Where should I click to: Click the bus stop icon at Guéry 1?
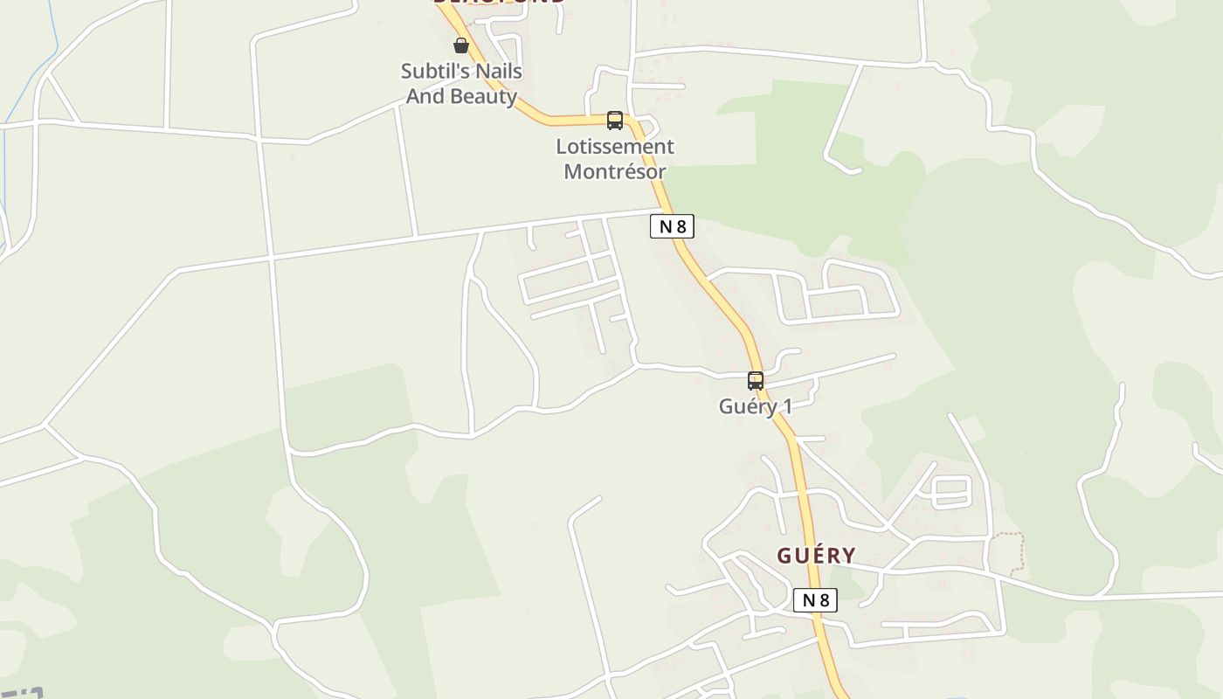[x=756, y=381]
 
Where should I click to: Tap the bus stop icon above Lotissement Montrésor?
[x=615, y=121]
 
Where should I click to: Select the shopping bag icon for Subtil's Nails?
[x=461, y=45]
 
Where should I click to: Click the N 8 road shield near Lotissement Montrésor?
[x=672, y=226]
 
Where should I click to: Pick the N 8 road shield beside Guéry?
[x=815, y=600]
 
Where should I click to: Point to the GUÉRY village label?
[x=816, y=556]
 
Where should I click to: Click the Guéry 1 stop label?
[x=755, y=406]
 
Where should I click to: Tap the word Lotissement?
[x=615, y=147]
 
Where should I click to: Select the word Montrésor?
[x=615, y=171]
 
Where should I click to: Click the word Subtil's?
[x=436, y=71]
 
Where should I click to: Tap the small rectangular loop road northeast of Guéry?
[x=951, y=491]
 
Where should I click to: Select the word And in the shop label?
[x=425, y=96]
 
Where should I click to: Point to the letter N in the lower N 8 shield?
[x=807, y=600]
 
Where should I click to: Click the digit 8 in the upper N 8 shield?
[x=681, y=226]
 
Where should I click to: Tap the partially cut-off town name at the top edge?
[x=499, y=3]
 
